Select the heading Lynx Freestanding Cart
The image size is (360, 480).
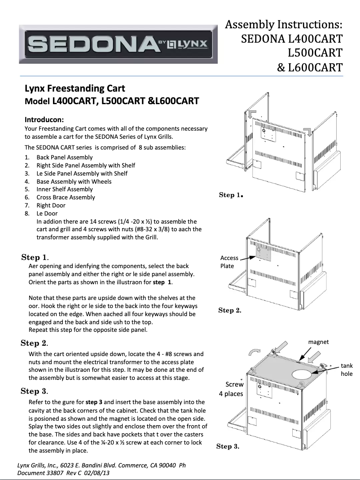coord(75,88)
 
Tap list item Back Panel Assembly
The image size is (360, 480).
coord(64,157)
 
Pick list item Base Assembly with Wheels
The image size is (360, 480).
coord(74,181)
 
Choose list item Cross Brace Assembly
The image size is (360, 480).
coord(66,197)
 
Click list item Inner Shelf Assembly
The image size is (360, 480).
coord(64,189)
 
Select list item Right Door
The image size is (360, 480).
coord(51,205)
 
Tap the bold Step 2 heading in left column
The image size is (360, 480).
coord(35,343)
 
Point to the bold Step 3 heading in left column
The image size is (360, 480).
coord(35,391)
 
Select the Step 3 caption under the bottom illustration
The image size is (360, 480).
coord(228,446)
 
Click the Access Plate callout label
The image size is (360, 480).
coord(229,262)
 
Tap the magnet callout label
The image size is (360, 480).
coord(318,342)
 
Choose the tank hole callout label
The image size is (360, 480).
coord(347,370)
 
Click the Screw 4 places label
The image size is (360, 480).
coord(231,389)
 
